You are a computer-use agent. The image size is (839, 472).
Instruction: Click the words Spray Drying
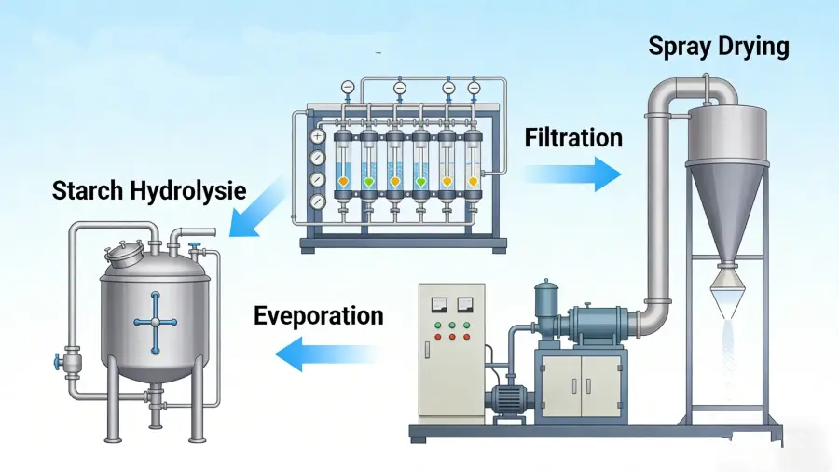pos(719,46)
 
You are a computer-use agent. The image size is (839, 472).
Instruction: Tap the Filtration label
pos(573,138)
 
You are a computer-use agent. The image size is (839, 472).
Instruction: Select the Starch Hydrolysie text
pos(149,191)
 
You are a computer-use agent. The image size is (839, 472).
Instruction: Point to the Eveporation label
pos(318,315)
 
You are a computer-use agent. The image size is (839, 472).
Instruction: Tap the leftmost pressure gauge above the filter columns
pos(348,87)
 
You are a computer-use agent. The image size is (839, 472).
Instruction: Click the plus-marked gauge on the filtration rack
pos(319,136)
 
